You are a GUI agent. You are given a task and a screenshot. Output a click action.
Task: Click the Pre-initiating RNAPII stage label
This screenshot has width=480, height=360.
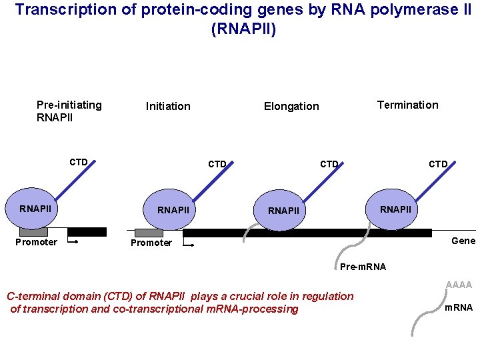69,111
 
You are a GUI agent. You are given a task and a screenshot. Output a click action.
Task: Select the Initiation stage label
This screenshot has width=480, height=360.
168,106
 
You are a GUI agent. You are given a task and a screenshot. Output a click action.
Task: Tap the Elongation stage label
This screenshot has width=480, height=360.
291,106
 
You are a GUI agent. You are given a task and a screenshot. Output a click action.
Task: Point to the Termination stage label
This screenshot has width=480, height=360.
407,105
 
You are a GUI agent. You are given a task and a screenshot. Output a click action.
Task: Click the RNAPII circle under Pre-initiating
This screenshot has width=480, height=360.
36,209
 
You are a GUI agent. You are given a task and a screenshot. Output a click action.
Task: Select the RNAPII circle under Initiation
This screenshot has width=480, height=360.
173,210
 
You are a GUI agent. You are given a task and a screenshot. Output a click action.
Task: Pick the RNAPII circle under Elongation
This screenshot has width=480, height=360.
284,211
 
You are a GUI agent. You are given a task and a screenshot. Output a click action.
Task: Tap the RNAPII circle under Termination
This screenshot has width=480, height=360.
396,209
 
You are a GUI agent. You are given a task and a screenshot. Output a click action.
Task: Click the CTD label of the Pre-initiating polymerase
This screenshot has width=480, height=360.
79,162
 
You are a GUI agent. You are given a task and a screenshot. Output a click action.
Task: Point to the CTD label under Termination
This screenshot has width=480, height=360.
438,164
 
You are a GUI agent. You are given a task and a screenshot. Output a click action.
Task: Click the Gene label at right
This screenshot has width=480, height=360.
463,241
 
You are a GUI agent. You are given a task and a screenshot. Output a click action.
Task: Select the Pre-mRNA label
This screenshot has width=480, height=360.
363,267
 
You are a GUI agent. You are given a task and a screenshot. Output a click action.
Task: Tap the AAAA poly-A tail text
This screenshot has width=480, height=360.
459,285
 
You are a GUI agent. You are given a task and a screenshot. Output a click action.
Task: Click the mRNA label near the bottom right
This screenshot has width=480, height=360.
459,307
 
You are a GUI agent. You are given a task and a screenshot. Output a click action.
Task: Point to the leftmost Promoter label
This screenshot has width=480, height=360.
36,242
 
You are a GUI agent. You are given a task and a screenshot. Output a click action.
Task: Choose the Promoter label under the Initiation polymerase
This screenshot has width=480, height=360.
151,243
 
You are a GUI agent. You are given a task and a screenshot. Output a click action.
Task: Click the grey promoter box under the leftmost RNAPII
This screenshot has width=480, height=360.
33,232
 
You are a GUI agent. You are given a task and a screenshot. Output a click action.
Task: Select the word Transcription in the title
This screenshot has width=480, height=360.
51,11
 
